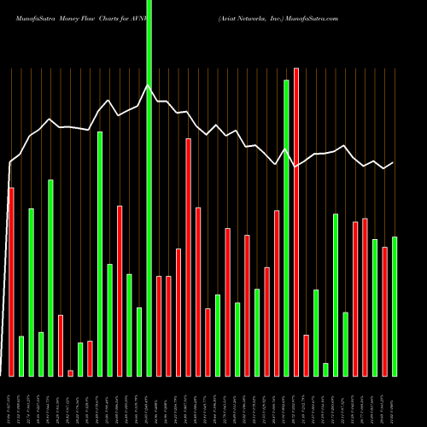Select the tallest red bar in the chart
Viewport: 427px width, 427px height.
296,222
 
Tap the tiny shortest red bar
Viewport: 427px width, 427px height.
71,372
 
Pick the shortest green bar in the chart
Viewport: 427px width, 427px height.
325,369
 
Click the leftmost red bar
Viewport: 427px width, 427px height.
11,282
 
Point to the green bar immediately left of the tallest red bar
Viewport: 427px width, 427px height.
287,227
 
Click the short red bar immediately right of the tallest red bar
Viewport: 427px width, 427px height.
307,354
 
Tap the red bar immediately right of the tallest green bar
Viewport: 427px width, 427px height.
159,325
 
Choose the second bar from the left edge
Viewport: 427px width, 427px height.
21,355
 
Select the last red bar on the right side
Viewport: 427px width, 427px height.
385,311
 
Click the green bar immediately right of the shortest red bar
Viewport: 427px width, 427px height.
80,359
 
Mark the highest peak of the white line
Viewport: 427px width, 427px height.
149,85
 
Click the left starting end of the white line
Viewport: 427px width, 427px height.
10,162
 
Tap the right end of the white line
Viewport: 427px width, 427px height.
394,162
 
